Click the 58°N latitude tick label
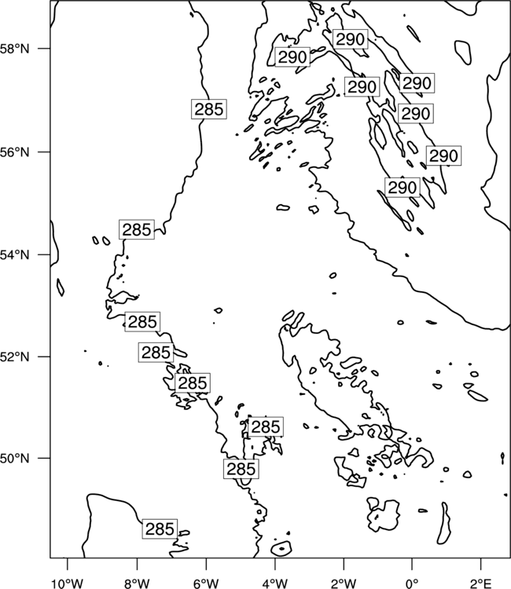pyautogui.click(x=14, y=49)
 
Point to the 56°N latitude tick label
pyautogui.click(x=14, y=152)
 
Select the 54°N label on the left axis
pyautogui.click(x=14, y=255)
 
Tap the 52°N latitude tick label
pyautogui.click(x=14, y=357)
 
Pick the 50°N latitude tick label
pyautogui.click(x=14, y=459)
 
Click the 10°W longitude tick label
pyautogui.click(x=68, y=584)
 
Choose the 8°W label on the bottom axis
pyautogui.click(x=137, y=584)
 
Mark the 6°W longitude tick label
pyautogui.click(x=206, y=584)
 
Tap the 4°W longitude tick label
pyautogui.click(x=274, y=584)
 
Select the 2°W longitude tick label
pyautogui.click(x=344, y=584)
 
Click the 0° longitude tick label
pyautogui.click(x=412, y=584)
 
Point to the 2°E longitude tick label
pyautogui.click(x=481, y=584)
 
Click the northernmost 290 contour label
pyautogui.click(x=350, y=39)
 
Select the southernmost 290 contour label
pyautogui.click(x=403, y=187)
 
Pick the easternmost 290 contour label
pyautogui.click(x=443, y=155)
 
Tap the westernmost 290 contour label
pyautogui.click(x=292, y=57)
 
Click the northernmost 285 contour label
pyautogui.click(x=209, y=109)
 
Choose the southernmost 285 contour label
pyautogui.click(x=160, y=529)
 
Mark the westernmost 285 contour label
pyautogui.click(x=137, y=229)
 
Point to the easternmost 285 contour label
pyautogui.click(x=266, y=426)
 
